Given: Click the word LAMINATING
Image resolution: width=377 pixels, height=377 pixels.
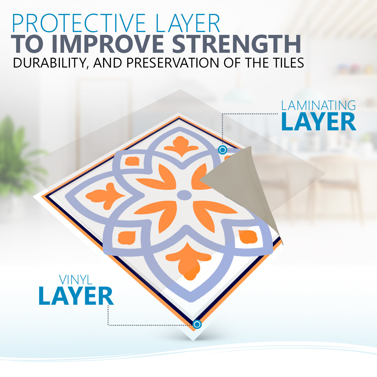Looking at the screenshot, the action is click(318, 106).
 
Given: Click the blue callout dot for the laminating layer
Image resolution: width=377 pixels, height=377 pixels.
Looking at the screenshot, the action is click(222, 150).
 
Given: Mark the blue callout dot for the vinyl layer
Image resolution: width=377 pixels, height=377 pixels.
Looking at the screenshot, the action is click(197, 324).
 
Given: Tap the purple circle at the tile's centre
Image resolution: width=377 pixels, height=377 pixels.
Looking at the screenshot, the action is click(184, 195).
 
